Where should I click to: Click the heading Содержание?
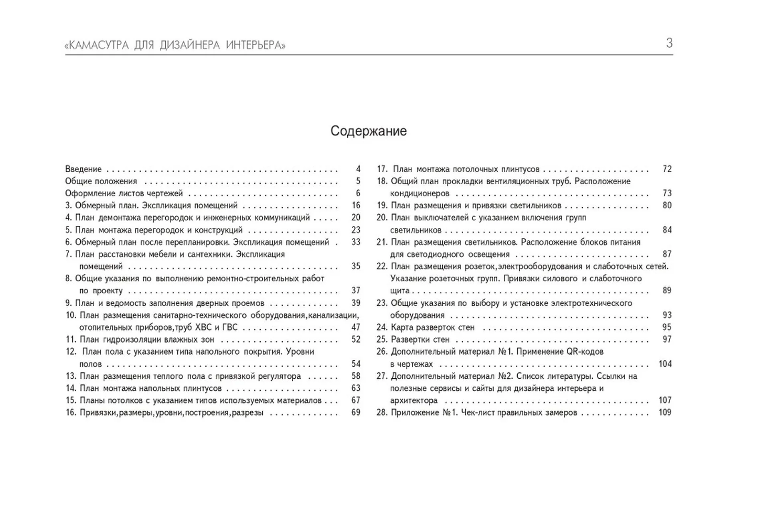point(369,131)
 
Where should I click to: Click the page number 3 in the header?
point(669,43)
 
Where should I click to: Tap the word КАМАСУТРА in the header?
point(99,45)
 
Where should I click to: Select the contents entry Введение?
point(83,169)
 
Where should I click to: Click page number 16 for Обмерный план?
point(356,205)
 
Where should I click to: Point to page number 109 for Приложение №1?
point(665,412)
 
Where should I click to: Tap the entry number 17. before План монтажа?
point(382,169)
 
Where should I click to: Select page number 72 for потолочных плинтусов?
point(667,169)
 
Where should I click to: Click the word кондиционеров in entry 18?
point(419,194)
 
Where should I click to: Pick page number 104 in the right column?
point(665,364)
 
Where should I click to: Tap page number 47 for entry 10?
point(356,327)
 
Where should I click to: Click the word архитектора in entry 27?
point(414,400)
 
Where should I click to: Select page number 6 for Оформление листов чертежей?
point(358,193)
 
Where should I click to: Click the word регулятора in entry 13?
point(280,376)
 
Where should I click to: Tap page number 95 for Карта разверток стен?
point(667,327)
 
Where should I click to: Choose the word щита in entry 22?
point(400,291)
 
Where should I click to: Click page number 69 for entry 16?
point(356,412)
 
